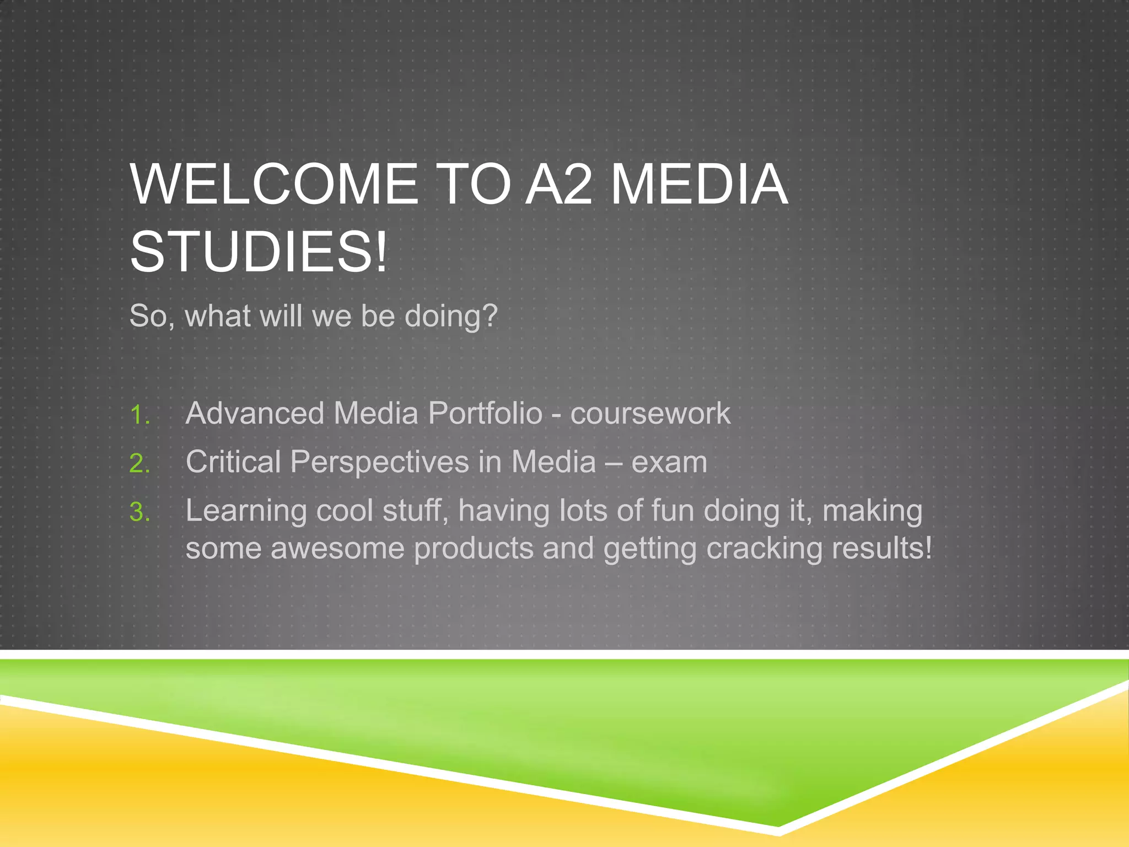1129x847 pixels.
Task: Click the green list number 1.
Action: pos(139,415)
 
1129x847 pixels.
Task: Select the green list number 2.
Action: pos(139,463)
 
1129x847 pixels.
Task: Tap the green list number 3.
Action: pos(139,512)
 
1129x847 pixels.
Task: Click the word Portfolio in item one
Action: pos(486,413)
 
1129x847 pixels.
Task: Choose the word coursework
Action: pos(650,413)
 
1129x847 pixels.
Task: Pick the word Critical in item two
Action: pos(233,462)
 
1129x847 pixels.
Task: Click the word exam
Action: pos(669,462)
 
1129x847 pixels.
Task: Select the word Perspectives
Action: pos(379,462)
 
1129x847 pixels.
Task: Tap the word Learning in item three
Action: pos(246,511)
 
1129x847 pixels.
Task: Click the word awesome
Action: pos(337,548)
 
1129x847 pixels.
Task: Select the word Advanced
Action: pos(255,413)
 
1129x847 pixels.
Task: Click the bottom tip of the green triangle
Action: pos(778,825)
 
